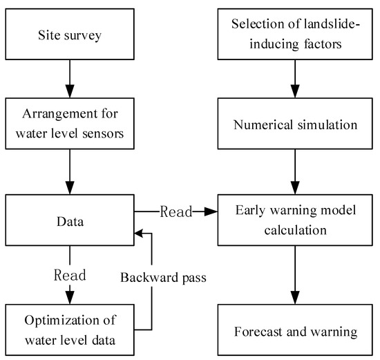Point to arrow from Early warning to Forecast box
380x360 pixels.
tap(295, 269)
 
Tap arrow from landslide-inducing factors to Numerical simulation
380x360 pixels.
tap(295, 77)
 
